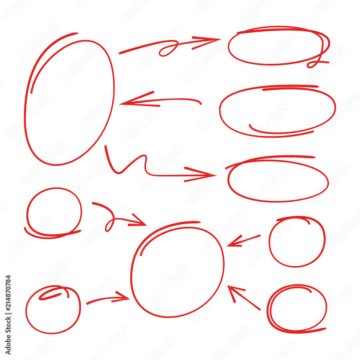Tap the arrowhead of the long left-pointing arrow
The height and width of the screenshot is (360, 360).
pyautogui.click(x=126, y=103)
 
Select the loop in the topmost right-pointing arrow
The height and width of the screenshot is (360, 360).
pyautogui.click(x=169, y=49)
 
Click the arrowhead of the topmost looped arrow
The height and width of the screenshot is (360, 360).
pyautogui.click(x=212, y=40)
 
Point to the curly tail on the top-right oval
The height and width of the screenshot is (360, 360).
pyautogui.click(x=317, y=63)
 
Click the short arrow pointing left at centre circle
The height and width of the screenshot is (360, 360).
pyautogui.click(x=243, y=240)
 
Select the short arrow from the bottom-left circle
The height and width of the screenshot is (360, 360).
pyautogui.click(x=108, y=299)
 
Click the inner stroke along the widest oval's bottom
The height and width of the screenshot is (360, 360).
pyautogui.click(x=281, y=132)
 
